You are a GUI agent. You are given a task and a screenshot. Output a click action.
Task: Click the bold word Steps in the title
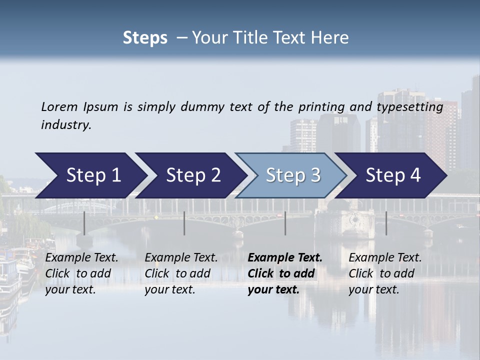pyautogui.click(x=145, y=38)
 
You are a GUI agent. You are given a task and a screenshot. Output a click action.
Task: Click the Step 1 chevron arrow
pyautogui.click(x=90, y=175)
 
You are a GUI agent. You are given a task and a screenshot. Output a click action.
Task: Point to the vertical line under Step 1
pyautogui.click(x=84, y=223)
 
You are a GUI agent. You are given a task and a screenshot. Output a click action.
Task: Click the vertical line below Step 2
pyautogui.click(x=184, y=223)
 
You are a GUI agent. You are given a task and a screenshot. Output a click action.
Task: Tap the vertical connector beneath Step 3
pyautogui.click(x=285, y=223)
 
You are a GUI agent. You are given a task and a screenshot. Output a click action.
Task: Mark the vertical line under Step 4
pyautogui.click(x=386, y=223)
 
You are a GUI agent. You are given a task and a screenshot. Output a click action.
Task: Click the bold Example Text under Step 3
pyautogui.click(x=285, y=273)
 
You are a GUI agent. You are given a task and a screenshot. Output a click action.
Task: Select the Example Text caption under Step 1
pyautogui.click(x=81, y=273)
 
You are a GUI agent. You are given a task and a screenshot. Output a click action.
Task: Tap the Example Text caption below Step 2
pyautogui.click(x=181, y=273)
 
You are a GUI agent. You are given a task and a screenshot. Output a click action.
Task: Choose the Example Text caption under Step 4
pyautogui.click(x=385, y=273)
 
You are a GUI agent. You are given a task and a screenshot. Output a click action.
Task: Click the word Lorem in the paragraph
pyautogui.click(x=59, y=106)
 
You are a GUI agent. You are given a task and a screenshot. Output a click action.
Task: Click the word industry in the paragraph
pyautogui.click(x=66, y=124)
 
